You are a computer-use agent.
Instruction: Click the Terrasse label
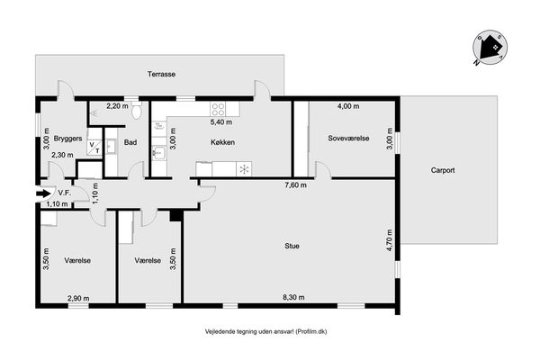[x=161, y=74]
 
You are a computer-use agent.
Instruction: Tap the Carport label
[x=443, y=170]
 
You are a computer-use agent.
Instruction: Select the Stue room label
[x=292, y=246]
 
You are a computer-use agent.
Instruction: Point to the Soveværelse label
[x=348, y=138]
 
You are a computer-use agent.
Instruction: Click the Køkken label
[x=223, y=142]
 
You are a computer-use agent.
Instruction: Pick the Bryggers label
[x=67, y=139]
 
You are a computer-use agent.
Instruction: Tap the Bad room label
[x=130, y=142]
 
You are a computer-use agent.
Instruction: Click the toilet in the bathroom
[x=137, y=110]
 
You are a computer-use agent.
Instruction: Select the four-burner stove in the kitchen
[x=218, y=109]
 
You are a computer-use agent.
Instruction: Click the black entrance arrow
[x=43, y=193]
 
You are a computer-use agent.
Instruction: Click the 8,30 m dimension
[x=293, y=297]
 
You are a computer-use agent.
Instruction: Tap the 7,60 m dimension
[x=295, y=185]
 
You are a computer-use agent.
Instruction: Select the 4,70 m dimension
[x=390, y=240]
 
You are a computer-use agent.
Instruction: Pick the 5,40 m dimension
[x=221, y=122]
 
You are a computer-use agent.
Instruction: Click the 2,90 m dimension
[x=78, y=298]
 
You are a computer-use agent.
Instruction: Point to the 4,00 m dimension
[x=348, y=106]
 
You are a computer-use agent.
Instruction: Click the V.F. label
[x=65, y=193]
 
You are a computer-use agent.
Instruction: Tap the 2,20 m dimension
[x=117, y=106]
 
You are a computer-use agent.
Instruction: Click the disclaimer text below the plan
[x=265, y=332]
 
